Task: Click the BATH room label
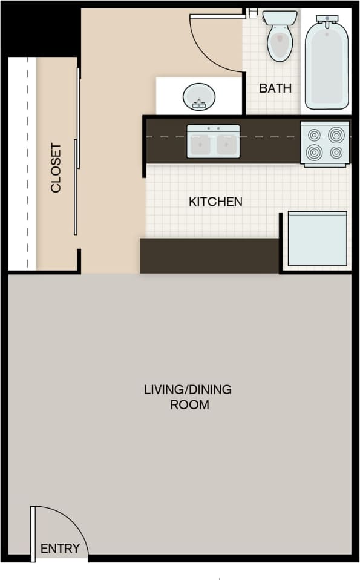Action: [x=275, y=88]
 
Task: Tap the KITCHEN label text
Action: [x=216, y=202]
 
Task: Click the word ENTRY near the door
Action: [x=60, y=549]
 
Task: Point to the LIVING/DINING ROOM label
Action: [x=188, y=397]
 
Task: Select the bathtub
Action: [x=327, y=63]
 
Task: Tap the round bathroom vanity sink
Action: [x=198, y=96]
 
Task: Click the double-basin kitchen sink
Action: [x=214, y=141]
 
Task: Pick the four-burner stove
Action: [x=325, y=143]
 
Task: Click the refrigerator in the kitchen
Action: [x=317, y=239]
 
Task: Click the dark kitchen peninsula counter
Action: [x=209, y=255]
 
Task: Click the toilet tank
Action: [x=280, y=18]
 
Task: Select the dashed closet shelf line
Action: [x=27, y=163]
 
